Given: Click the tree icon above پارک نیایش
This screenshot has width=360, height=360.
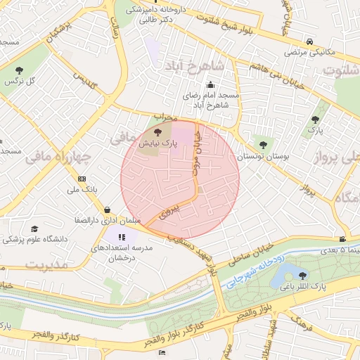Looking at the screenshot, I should (x=157, y=131).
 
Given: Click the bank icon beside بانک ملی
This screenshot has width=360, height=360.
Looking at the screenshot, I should (x=82, y=179).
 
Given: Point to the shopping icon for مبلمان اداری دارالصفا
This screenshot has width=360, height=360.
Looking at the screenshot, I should (x=107, y=210).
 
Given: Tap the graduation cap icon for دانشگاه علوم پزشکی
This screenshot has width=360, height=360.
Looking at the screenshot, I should (x=34, y=229).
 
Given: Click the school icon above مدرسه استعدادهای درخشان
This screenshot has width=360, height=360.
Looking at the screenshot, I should (x=122, y=238).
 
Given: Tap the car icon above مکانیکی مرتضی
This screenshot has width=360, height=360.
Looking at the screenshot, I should (x=310, y=41).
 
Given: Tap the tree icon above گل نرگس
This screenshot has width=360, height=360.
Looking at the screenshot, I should (x=18, y=70).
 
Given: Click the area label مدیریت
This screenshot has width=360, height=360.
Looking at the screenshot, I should (x=47, y=264).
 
